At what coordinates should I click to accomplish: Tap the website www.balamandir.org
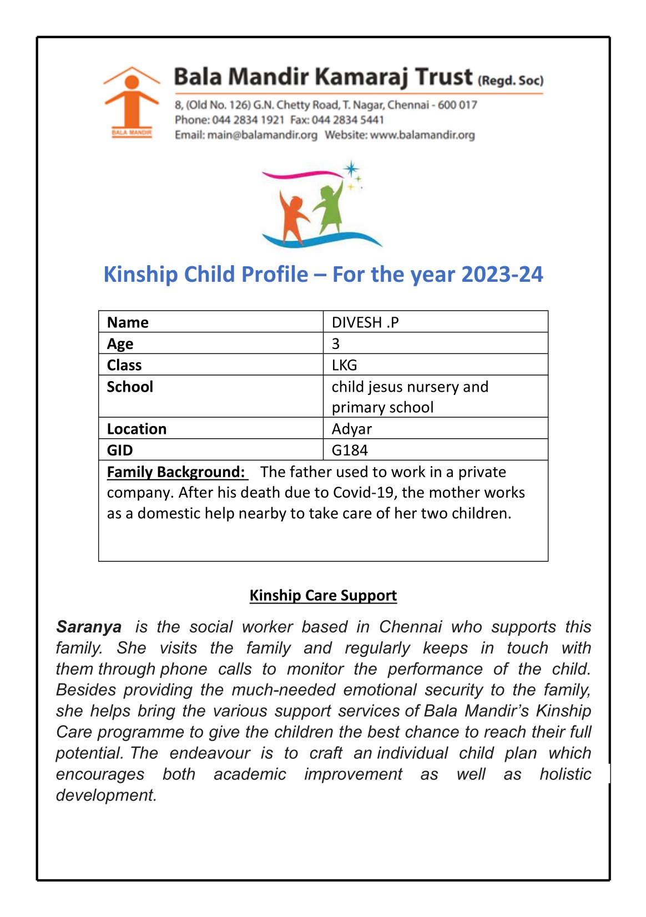pyautogui.click(x=422, y=135)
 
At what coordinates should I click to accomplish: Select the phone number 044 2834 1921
pyautogui.click(x=248, y=120)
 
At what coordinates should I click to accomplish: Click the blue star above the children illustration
pyautogui.click(x=351, y=169)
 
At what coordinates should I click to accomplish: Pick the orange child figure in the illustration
pyautogui.click(x=292, y=217)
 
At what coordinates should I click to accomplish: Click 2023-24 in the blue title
pyautogui.click(x=502, y=275)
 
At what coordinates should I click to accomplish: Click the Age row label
pyautogui.click(x=120, y=344)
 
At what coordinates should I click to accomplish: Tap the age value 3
pyautogui.click(x=336, y=344)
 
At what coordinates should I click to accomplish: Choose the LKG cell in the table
pyautogui.click(x=344, y=365)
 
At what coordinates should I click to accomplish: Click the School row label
pyautogui.click(x=130, y=387)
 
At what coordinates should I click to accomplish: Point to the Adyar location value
pyautogui.click(x=351, y=429)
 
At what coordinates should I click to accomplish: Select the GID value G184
pyautogui.click(x=350, y=450)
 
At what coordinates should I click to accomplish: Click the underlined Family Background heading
pyautogui.click(x=176, y=472)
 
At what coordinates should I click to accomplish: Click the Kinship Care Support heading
pyautogui.click(x=323, y=595)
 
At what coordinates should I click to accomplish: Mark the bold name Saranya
pyautogui.click(x=89, y=627)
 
